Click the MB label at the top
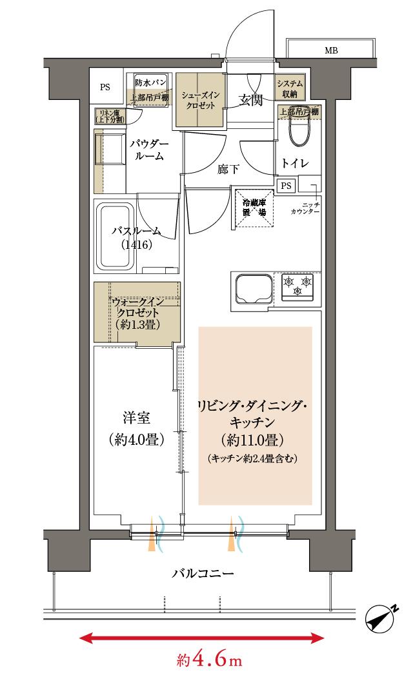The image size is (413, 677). (x=331, y=51)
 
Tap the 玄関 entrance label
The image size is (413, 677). (x=250, y=100)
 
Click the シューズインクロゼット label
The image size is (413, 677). (x=201, y=100)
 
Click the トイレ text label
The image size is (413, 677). (x=296, y=163)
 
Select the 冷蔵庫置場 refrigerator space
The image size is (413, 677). (x=253, y=207)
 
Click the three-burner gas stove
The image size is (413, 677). (x=297, y=285)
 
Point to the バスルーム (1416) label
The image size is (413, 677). (x=135, y=238)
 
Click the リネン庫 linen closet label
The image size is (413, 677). (x=110, y=115)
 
